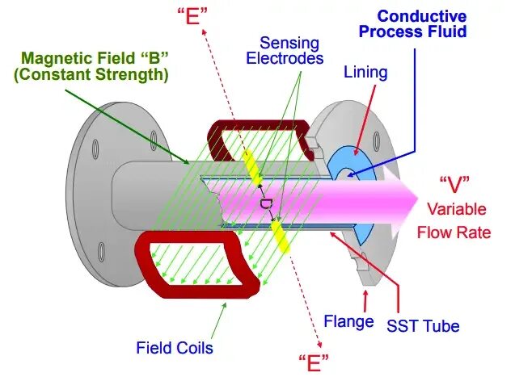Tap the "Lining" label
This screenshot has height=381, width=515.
click(365, 73)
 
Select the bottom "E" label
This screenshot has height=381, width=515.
click(313, 360)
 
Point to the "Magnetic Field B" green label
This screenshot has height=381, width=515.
click(101, 59)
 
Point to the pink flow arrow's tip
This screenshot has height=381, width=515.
click(415, 193)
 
